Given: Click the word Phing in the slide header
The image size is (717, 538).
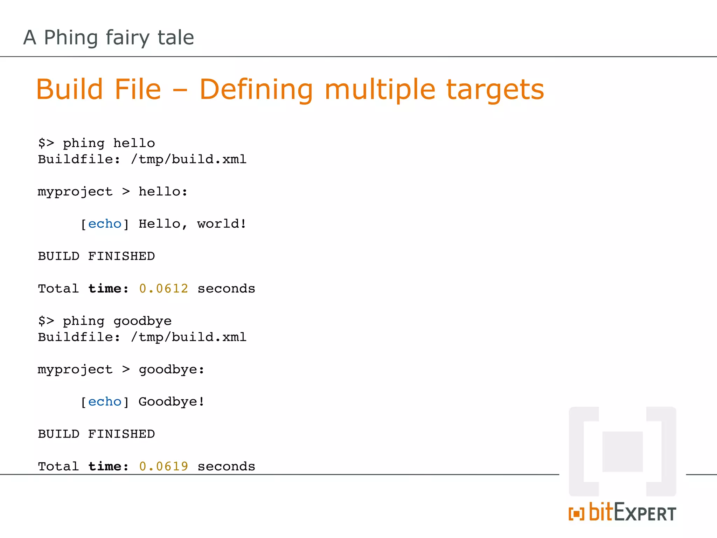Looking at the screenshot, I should click(x=71, y=37).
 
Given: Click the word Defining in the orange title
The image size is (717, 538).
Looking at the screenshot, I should click(x=256, y=90).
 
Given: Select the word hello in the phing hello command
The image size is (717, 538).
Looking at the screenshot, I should click(x=134, y=143).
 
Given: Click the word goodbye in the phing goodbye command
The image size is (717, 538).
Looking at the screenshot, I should click(x=142, y=321).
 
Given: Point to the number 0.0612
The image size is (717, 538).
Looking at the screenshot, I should click(x=163, y=289).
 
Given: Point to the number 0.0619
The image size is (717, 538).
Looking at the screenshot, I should click(x=163, y=467).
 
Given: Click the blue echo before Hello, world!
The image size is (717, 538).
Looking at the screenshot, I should click(x=105, y=224).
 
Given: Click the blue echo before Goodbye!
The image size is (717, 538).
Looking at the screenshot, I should click(x=105, y=402).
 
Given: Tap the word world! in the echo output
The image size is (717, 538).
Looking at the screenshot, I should click(x=222, y=224).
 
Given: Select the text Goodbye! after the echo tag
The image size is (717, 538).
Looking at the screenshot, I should click(x=172, y=402).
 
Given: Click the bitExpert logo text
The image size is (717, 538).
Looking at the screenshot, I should click(x=632, y=512).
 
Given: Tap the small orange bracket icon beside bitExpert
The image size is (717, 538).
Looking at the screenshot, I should click(x=576, y=514).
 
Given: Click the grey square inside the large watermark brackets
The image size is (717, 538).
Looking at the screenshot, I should click(x=622, y=451).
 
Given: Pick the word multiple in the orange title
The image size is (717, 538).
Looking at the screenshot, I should click(x=380, y=90).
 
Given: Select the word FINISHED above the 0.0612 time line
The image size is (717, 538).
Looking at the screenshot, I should click(x=121, y=256).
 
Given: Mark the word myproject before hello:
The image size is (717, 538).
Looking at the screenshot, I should click(x=75, y=192).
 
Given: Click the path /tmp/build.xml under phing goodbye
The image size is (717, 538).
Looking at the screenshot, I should click(x=189, y=337).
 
